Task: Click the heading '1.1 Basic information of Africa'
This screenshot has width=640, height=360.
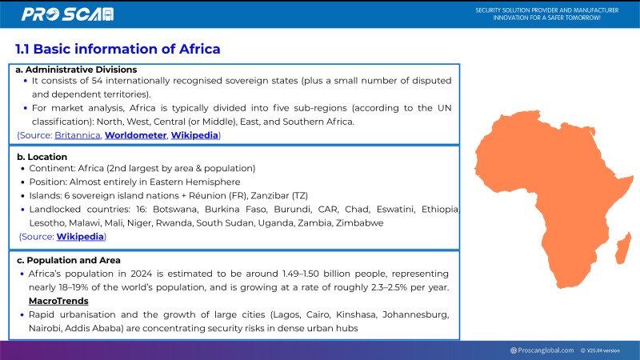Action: [x=118, y=50]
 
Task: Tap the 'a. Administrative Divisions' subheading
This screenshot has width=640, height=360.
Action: [x=77, y=70]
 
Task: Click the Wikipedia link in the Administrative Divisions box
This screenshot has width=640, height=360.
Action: [x=194, y=135]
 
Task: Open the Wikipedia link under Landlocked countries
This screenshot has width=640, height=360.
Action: [x=80, y=236]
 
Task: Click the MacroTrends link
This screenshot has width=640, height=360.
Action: [x=58, y=301]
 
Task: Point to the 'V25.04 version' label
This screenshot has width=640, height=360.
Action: [x=603, y=350]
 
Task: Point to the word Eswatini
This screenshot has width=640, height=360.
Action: [x=398, y=209]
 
